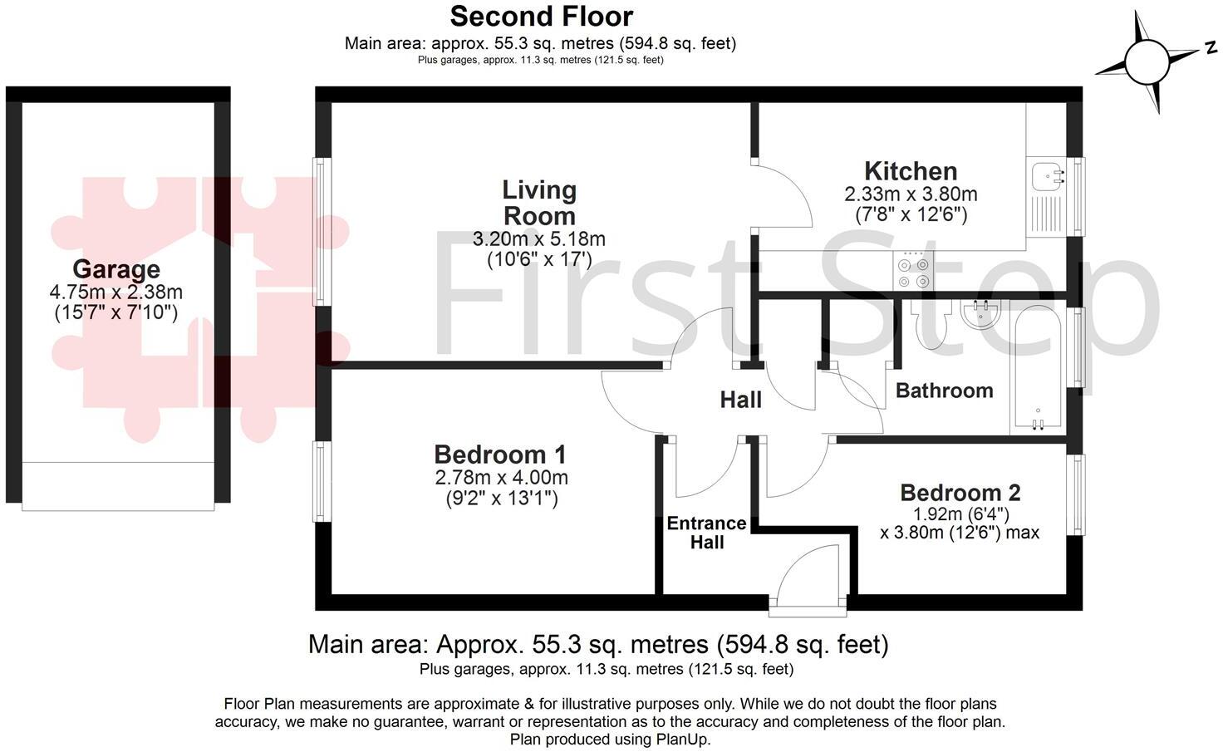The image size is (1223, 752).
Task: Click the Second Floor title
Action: [x=541, y=16]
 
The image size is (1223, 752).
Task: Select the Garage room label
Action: [x=116, y=269]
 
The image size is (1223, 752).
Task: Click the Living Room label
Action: [x=539, y=203]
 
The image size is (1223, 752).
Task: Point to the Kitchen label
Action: [x=911, y=171]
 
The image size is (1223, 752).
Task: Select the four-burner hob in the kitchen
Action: [x=912, y=270]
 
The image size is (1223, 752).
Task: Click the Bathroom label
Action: [x=944, y=391]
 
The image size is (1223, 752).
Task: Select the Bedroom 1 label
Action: [x=500, y=455]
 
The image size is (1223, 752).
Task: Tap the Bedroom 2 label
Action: [x=960, y=493]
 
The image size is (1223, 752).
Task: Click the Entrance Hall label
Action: [x=706, y=533]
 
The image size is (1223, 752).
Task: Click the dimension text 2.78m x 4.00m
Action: [x=501, y=478]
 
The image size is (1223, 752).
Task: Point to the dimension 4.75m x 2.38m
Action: [x=116, y=292]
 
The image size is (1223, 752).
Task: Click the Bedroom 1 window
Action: [x=322, y=481]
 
